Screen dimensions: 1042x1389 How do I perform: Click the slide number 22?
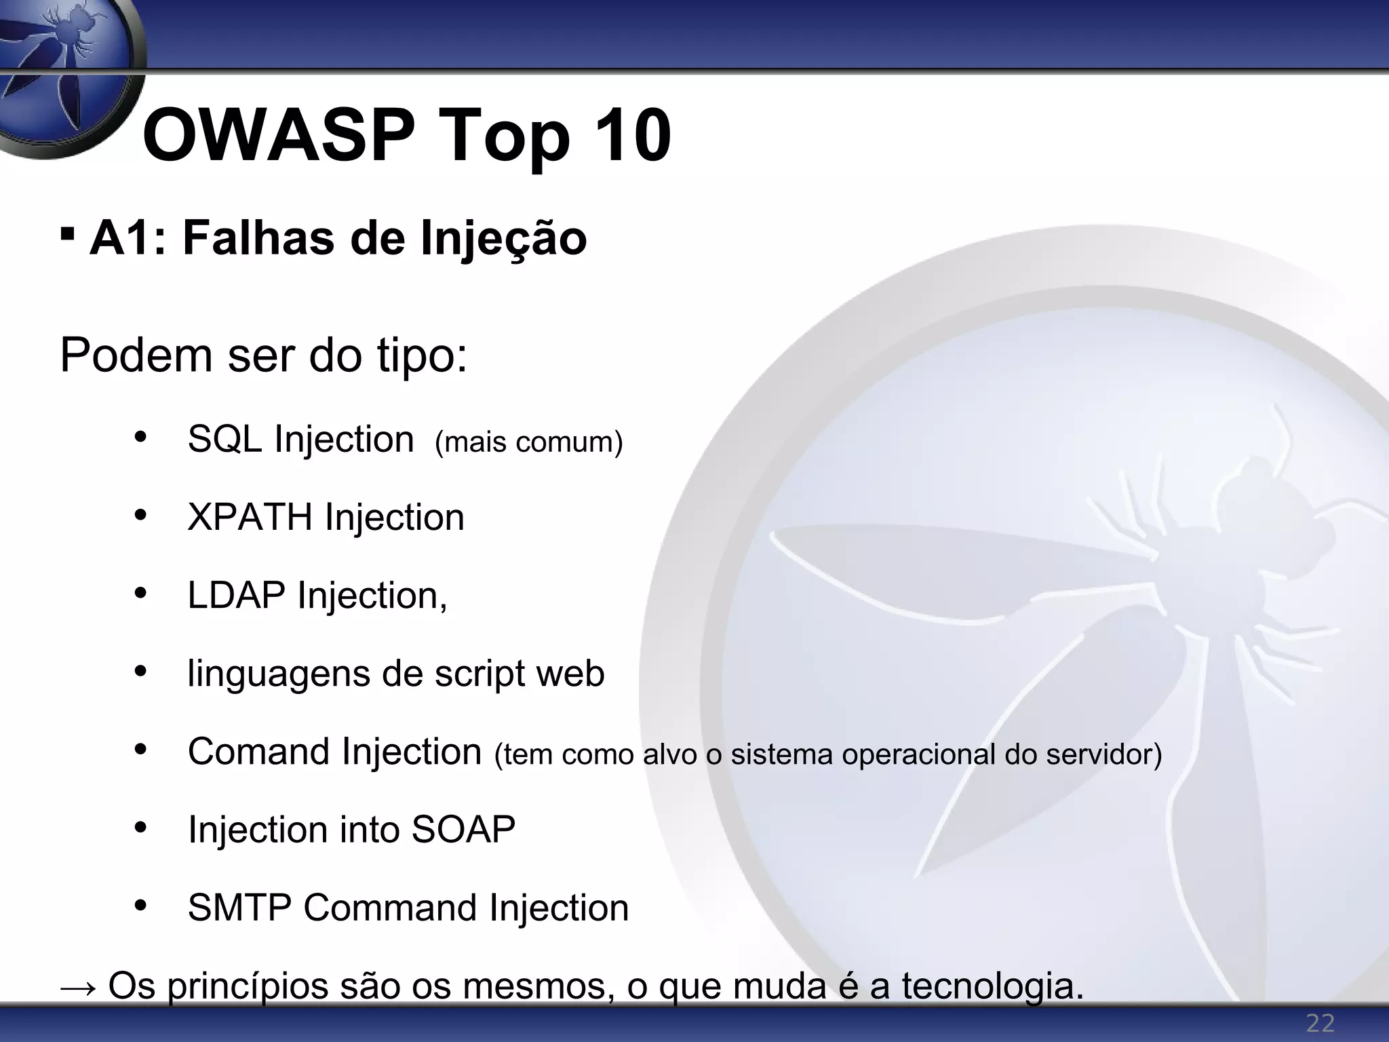pos(1320,1023)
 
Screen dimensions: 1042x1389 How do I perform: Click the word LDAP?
pos(236,596)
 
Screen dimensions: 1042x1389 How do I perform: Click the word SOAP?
pos(463,830)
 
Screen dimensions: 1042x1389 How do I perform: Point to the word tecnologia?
pos(992,988)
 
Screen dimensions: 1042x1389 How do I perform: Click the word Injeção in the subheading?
pos(503,239)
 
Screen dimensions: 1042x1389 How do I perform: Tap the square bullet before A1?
pos(66,235)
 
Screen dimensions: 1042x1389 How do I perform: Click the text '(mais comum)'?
pos(528,442)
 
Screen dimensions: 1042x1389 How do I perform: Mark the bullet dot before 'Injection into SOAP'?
pos(140,828)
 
